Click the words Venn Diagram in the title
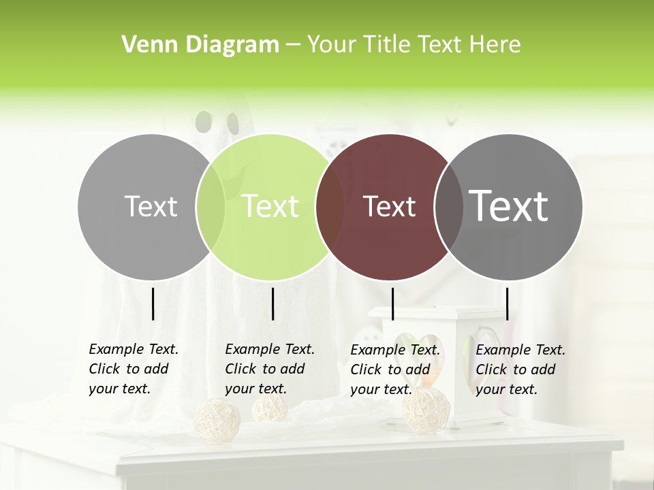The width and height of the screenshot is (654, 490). pyautogui.click(x=200, y=45)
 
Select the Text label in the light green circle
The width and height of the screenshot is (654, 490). pyautogui.click(x=270, y=206)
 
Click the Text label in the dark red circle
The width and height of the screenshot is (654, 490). pyautogui.click(x=389, y=206)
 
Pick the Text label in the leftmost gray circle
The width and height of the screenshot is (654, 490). pyautogui.click(x=151, y=206)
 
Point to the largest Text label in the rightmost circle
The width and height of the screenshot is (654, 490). pyautogui.click(x=509, y=206)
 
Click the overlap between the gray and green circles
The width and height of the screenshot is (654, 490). pyautogui.click(x=211, y=207)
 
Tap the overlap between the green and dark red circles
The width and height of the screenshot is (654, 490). pyautogui.click(x=330, y=207)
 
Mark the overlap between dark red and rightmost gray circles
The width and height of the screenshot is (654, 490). pyautogui.click(x=449, y=207)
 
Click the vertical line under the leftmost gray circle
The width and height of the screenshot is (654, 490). pyautogui.click(x=153, y=304)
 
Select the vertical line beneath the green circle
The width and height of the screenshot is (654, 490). pyautogui.click(x=272, y=304)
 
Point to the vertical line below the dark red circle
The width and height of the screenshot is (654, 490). pyautogui.click(x=392, y=304)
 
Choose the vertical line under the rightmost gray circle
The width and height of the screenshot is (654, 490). pyautogui.click(x=507, y=304)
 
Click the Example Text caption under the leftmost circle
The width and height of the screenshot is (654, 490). pyautogui.click(x=134, y=369)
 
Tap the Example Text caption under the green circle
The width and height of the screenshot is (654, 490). pyautogui.click(x=270, y=369)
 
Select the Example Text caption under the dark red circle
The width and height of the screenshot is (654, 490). pyautogui.click(x=395, y=370)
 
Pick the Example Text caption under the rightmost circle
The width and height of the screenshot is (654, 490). pyautogui.click(x=520, y=370)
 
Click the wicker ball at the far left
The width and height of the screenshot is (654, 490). pyautogui.click(x=217, y=420)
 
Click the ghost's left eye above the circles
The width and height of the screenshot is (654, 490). pyautogui.click(x=203, y=122)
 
